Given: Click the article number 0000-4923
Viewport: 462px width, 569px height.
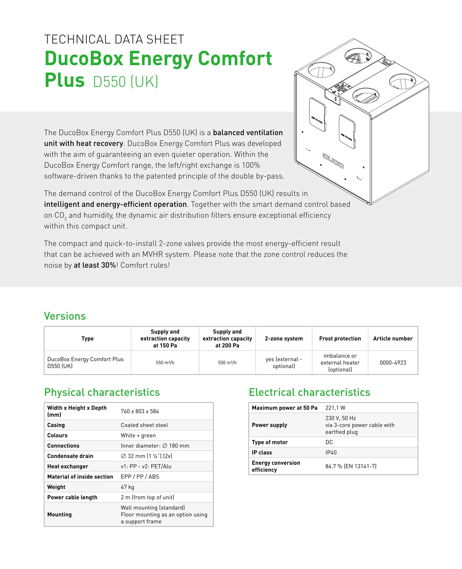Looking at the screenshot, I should [x=393, y=362].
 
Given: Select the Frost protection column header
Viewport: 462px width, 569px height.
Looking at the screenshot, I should [x=340, y=338].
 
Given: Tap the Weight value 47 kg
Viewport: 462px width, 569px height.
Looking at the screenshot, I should [x=127, y=487].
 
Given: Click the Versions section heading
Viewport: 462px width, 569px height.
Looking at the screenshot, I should [x=65, y=316].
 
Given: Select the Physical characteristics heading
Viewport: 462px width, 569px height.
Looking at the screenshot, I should [x=102, y=392].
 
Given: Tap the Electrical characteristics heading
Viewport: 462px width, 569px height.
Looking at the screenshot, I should [x=309, y=392].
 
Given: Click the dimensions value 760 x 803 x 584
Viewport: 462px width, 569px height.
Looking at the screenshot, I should [x=140, y=411].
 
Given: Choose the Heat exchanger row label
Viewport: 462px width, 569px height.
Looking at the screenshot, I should [x=68, y=466].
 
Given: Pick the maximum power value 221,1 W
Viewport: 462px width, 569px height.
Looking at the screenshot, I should [x=335, y=408].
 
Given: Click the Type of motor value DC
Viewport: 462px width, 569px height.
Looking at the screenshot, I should [x=329, y=442].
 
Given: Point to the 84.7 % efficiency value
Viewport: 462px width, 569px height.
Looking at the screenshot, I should [x=351, y=466].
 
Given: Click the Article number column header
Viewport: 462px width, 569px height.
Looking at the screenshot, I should [x=393, y=338].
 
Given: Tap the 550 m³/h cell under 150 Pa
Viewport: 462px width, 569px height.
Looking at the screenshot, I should [x=165, y=362].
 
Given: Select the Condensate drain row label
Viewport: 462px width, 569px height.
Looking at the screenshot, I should [x=70, y=456].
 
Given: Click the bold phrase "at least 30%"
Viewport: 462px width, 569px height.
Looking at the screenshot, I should [x=95, y=265].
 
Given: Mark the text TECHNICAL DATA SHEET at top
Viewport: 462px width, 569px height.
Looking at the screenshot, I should [x=114, y=39].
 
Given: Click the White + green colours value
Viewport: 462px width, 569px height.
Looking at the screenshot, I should [x=138, y=435].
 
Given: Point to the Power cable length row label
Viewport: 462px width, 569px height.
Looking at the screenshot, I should [x=72, y=497].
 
